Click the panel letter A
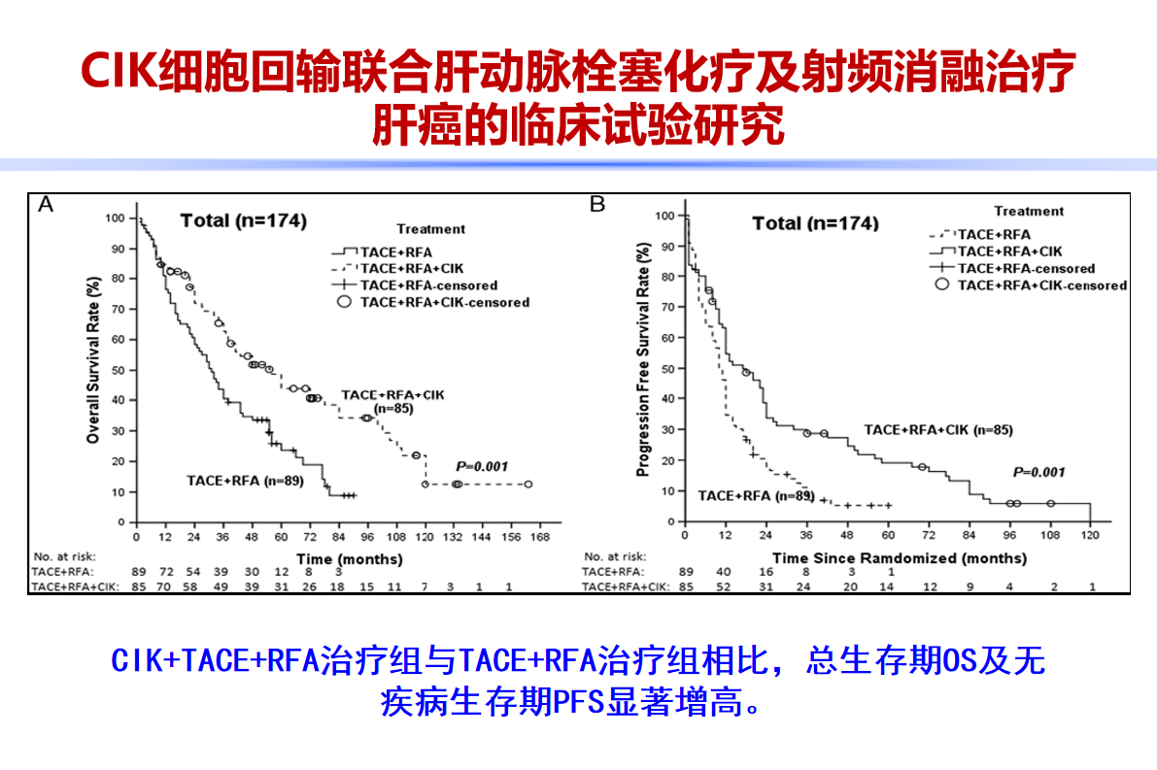45,205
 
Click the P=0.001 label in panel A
482,467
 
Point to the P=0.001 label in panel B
1038,473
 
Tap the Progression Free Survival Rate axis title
642,359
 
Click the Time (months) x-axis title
349,559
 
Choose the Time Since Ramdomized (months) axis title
899,558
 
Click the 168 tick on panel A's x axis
539,537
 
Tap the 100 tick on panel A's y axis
118,218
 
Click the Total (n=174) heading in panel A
243,221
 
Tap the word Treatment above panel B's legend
1029,211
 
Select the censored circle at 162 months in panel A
527,484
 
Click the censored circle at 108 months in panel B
1050,503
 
